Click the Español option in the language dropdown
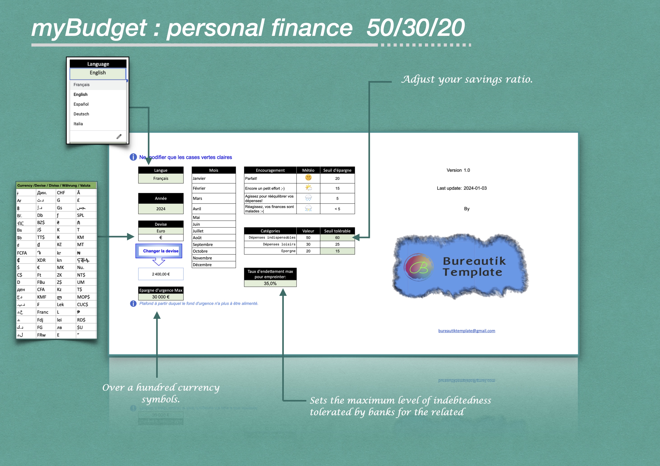pos(81,104)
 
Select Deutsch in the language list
pos(81,114)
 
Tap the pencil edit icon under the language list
pos(119,137)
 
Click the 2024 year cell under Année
pos(161,209)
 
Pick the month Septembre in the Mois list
pos(203,244)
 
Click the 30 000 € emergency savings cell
pos(161,297)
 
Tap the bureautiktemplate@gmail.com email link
pos(466,331)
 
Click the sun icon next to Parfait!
pos(308,178)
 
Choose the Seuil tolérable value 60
pos(337,238)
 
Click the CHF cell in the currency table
pos(61,193)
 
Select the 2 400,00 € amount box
pos(161,274)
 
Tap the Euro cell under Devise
pos(161,231)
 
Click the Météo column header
pos(308,170)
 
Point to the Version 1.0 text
pos(458,170)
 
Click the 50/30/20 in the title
pos(415,28)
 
